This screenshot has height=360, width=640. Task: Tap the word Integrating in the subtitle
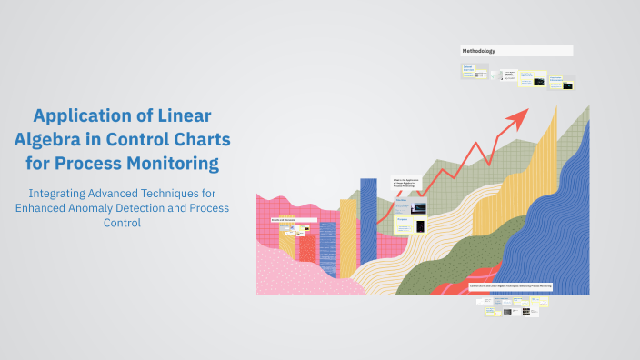coord(60,194)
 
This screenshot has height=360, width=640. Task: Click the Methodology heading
coord(479,51)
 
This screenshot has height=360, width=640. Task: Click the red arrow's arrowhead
coord(520,114)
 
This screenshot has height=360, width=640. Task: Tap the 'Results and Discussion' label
coord(285,220)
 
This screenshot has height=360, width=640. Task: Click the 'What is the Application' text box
coord(405,182)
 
